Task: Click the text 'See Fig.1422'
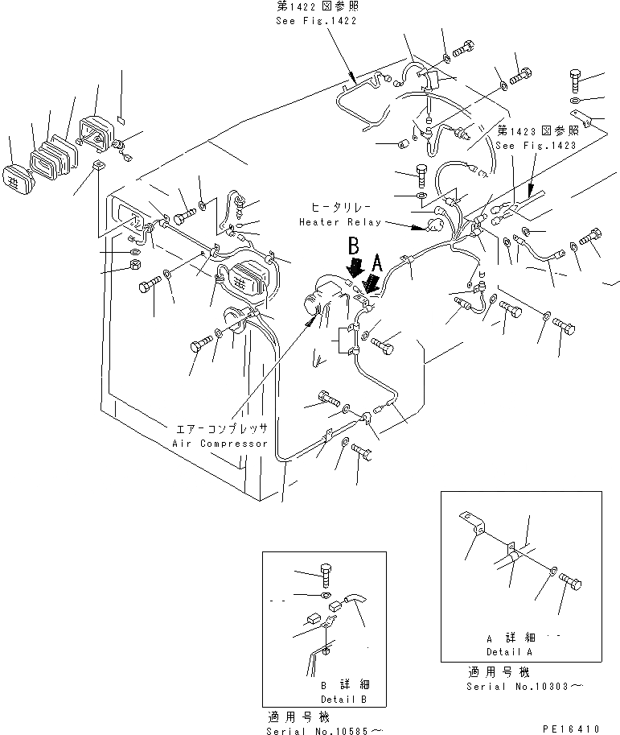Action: [314, 21]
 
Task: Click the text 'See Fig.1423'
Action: [536, 146]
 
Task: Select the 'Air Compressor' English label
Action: [220, 444]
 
